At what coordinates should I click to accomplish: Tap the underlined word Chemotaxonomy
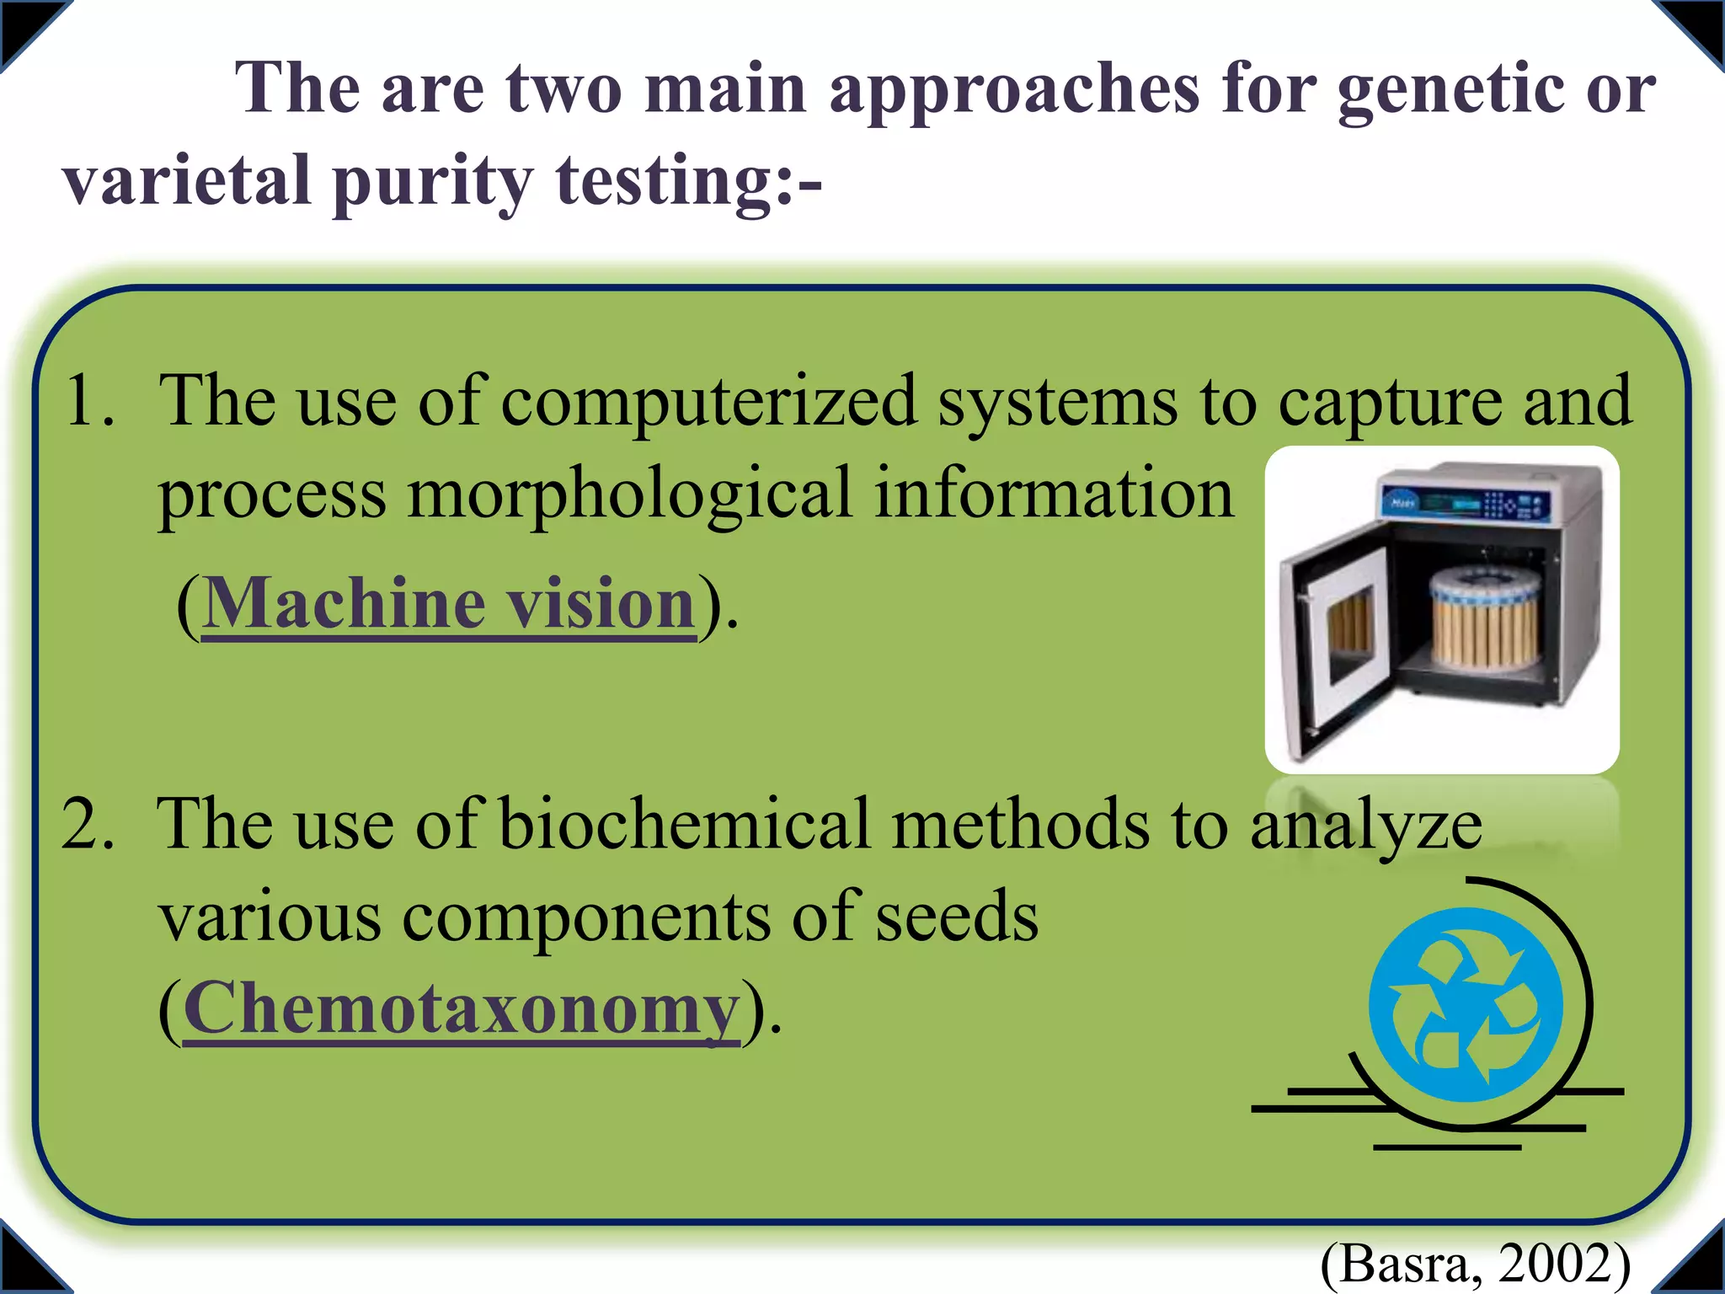[461, 1008]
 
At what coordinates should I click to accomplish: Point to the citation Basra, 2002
[1475, 1264]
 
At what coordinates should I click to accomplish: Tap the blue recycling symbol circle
[1466, 1004]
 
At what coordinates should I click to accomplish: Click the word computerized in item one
[708, 401]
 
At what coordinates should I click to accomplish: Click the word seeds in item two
[957, 917]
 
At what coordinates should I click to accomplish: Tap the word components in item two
[586, 917]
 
